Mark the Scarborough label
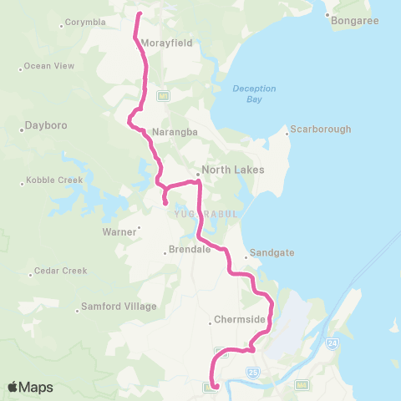(x=321, y=129)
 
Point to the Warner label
(x=118, y=231)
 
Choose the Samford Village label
(x=119, y=307)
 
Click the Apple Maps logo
(x=29, y=387)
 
